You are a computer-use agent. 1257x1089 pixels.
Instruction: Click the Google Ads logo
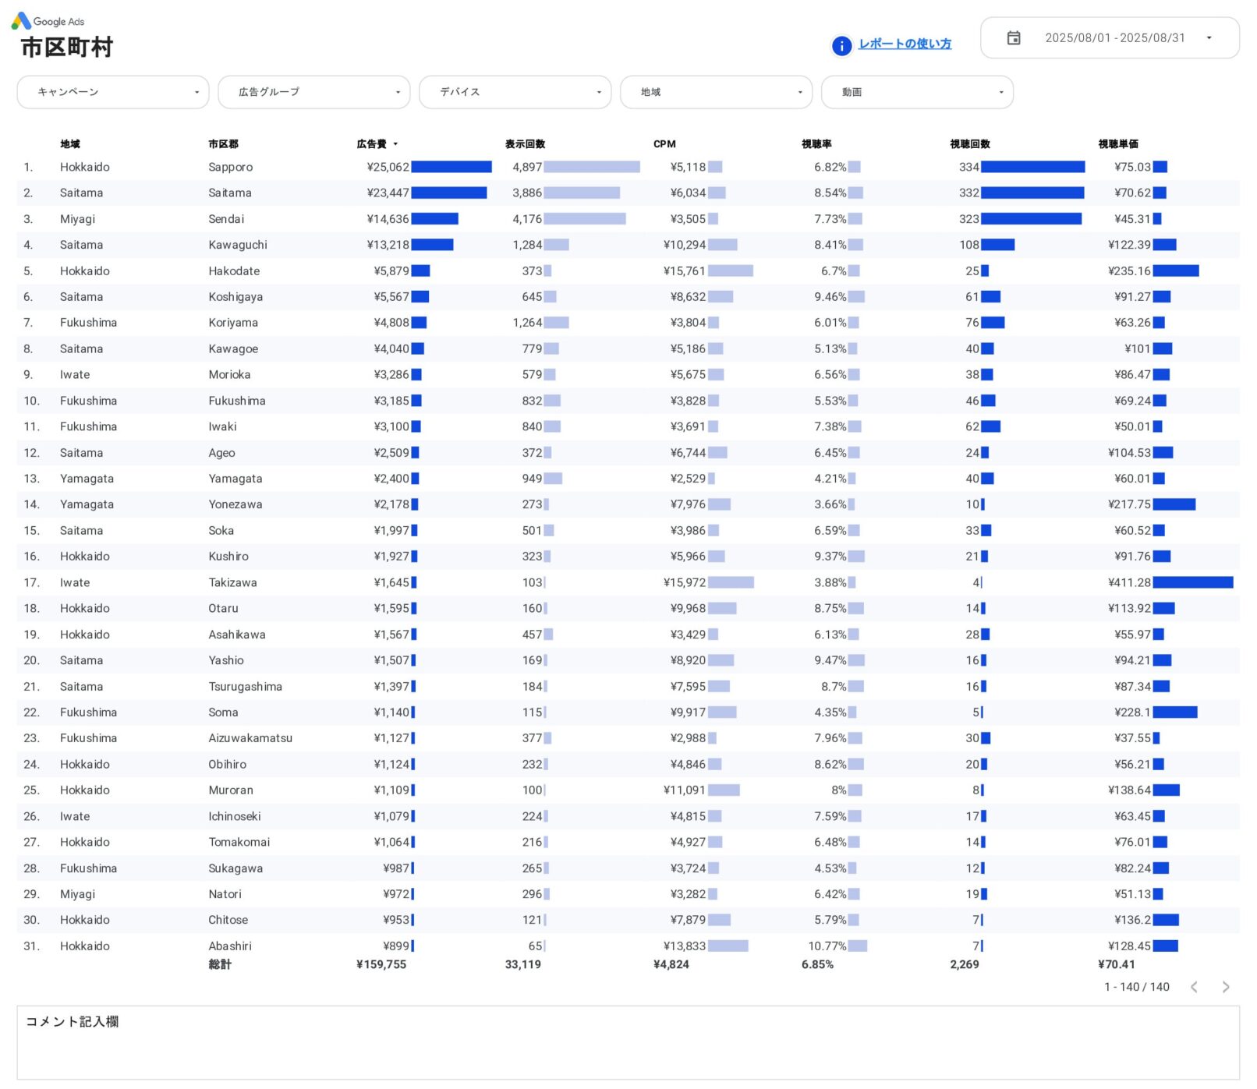[x=21, y=21]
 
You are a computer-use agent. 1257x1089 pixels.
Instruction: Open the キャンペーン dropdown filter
[x=112, y=92]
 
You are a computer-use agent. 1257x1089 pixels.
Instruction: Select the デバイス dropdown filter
[x=515, y=92]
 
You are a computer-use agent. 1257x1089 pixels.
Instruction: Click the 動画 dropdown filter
[x=917, y=92]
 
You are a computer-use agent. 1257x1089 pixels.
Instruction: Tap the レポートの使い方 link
[x=905, y=44]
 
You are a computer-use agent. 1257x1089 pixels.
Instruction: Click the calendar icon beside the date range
[x=1013, y=38]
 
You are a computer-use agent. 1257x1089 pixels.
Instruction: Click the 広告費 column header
[x=372, y=144]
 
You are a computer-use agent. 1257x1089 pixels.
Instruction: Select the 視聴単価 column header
[x=1117, y=144]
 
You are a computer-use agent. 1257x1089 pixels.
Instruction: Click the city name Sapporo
[x=231, y=168]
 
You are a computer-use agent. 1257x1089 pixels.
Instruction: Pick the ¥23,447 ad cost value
[x=388, y=193]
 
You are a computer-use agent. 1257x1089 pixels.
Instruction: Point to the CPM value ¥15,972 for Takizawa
[x=684, y=583]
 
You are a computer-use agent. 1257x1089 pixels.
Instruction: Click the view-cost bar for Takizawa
[x=1192, y=583]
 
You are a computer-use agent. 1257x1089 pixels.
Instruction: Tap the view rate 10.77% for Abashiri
[x=827, y=946]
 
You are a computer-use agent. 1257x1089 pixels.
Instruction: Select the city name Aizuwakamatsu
[x=250, y=738]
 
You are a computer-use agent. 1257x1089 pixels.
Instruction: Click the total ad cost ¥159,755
[x=381, y=965]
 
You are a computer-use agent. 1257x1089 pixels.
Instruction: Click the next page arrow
[x=1225, y=988]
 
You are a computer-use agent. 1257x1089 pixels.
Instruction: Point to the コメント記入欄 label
[x=73, y=1022]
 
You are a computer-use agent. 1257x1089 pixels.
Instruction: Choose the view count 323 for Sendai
[x=968, y=219]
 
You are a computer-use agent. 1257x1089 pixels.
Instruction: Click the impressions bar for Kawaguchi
[x=556, y=246]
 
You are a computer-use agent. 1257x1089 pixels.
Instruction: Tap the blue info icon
[x=841, y=46]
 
